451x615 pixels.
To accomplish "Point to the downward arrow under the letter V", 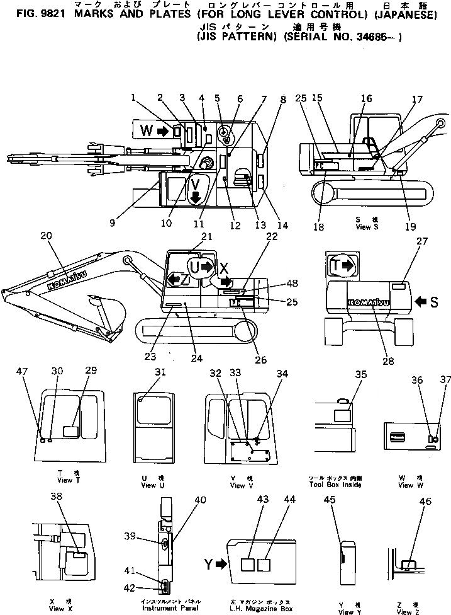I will click(x=195, y=198).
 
